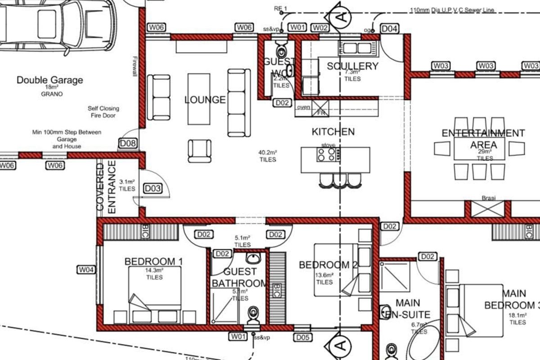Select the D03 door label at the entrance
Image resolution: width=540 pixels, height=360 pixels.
tap(153, 189)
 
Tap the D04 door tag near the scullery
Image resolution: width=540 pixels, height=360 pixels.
tap(390, 29)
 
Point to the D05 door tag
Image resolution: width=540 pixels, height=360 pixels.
tap(303, 337)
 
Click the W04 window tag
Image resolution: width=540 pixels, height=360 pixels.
tap(86, 270)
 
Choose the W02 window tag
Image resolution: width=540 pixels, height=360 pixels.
tap(320, 28)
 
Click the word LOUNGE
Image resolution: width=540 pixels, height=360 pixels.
tap(205, 99)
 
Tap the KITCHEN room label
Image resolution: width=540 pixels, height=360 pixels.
tap(333, 132)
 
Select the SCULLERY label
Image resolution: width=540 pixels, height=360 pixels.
tap(352, 66)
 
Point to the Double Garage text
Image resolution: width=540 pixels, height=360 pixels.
tap(49, 80)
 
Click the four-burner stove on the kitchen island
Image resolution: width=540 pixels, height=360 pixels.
tap(327, 154)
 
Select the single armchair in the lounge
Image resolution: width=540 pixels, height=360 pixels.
tap(199, 151)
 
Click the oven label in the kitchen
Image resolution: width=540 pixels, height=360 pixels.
tap(303, 107)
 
